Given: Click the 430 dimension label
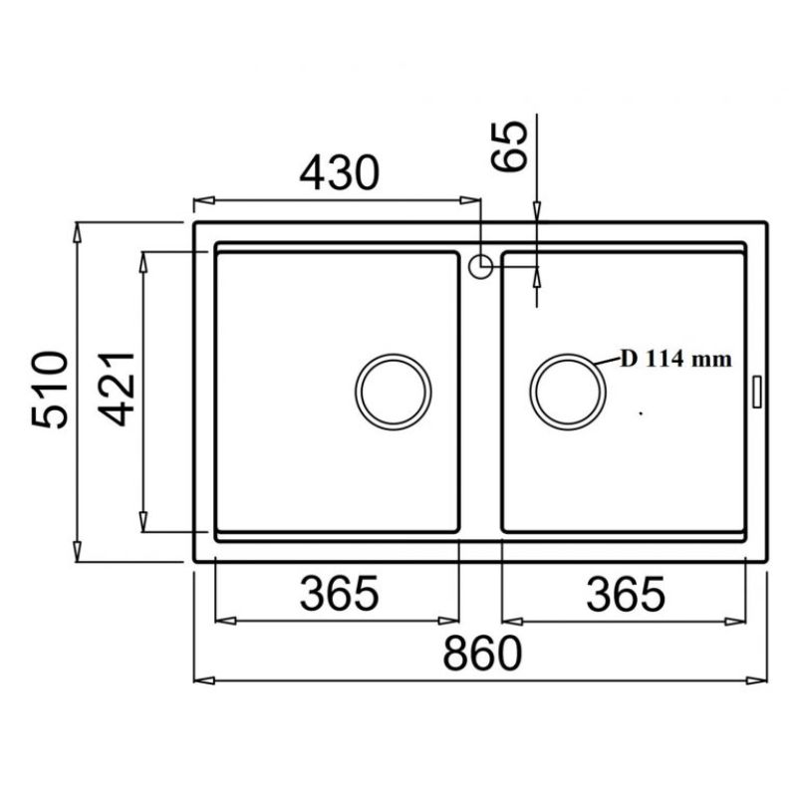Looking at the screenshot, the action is click(x=339, y=172).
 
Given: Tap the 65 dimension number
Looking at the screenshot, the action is click(x=510, y=146).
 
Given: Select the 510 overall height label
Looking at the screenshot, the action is click(x=49, y=390).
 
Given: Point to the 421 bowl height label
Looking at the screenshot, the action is click(x=117, y=389).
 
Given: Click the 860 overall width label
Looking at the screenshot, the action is click(x=482, y=654).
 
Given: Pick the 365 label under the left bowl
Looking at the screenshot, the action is click(x=339, y=593).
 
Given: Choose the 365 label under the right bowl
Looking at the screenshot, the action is click(x=626, y=593).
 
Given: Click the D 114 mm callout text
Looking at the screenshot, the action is click(x=676, y=359).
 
